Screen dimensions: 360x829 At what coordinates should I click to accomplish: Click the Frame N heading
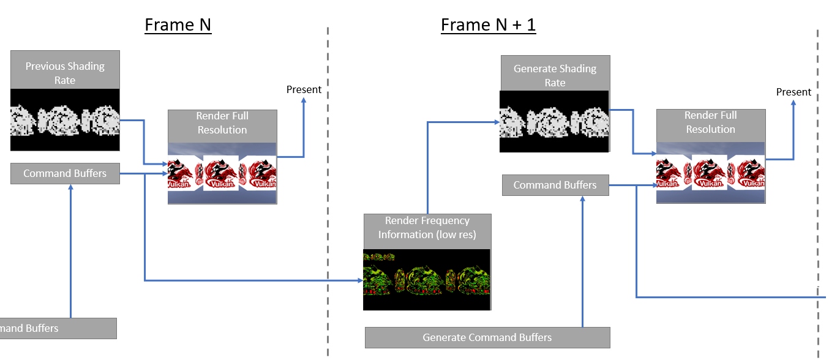tap(178, 26)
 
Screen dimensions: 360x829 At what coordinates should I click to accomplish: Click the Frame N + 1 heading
tap(488, 26)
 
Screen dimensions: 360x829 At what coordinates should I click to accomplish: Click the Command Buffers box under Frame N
tap(65, 174)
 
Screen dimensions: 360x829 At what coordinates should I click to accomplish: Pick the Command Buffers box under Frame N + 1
tap(555, 185)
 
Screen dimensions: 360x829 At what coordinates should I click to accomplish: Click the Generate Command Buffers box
tap(487, 337)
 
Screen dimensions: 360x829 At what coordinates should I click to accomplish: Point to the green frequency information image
tap(427, 279)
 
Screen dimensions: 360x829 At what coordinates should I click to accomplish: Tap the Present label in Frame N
tap(304, 89)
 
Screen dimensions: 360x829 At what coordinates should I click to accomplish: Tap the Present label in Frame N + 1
tap(793, 92)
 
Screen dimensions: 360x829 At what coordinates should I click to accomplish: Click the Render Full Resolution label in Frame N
tap(222, 123)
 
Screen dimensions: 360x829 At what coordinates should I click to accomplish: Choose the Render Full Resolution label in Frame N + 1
tap(711, 122)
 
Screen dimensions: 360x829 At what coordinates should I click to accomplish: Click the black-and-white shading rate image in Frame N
tap(65, 120)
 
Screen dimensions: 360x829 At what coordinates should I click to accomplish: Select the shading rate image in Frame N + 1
tap(554, 122)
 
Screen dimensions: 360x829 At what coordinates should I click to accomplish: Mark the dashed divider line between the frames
tap(328, 184)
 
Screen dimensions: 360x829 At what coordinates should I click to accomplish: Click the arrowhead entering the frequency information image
tap(360, 280)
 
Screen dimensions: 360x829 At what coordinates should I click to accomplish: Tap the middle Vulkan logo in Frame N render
tap(221, 173)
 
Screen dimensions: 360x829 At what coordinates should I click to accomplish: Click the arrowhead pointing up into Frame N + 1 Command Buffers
tap(582, 200)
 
